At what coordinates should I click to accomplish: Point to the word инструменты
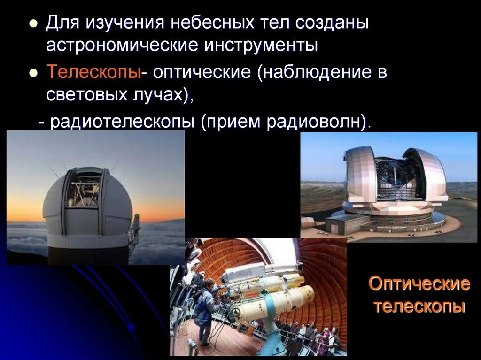click(x=261, y=46)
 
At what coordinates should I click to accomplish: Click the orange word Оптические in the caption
click(x=419, y=283)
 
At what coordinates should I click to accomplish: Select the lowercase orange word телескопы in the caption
click(x=419, y=306)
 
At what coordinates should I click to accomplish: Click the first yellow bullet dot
click(x=33, y=23)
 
